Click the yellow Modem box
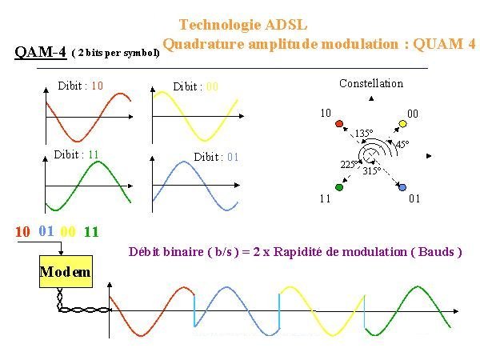66,271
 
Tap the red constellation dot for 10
339,124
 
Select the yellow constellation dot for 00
403,124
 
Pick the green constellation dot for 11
339,187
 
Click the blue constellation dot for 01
402,187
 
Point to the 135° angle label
364,133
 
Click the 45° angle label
402,144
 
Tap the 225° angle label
349,164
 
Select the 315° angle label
372,170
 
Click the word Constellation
371,83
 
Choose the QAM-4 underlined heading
41,52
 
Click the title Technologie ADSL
242,25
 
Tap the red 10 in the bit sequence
22,232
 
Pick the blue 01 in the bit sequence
46,231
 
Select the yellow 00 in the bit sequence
68,232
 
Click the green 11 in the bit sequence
91,232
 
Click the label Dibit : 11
76,154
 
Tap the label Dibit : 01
216,157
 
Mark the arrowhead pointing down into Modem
61,253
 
